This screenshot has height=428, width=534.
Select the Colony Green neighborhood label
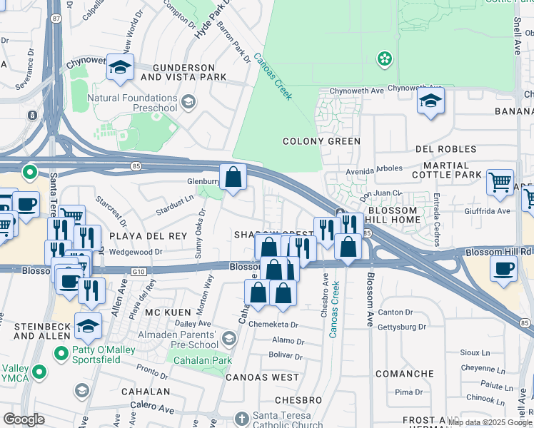pyautogui.click(x=321, y=141)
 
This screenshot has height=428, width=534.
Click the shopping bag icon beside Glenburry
pyautogui.click(x=233, y=177)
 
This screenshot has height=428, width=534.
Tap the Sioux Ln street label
pyautogui.click(x=475, y=352)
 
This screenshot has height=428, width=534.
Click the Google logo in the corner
pyautogui.click(x=24, y=419)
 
